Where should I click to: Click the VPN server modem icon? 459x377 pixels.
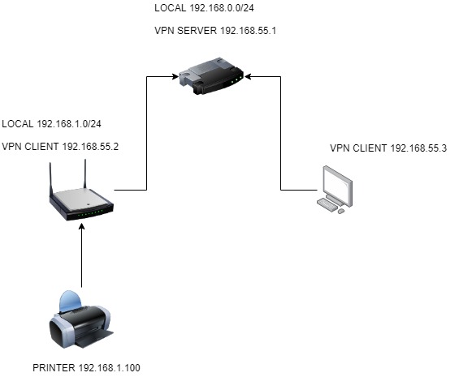pos(211,76)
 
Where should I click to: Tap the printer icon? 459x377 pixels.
pos(80,319)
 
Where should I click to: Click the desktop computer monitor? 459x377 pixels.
pos(337,186)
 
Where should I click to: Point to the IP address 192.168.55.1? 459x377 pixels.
pos(248,30)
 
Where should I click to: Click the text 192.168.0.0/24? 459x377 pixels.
pos(222,8)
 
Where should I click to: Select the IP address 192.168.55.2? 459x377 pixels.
pos(90,146)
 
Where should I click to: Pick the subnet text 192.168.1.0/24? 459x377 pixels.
pos(69,123)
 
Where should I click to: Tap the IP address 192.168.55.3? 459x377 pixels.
pos(418,148)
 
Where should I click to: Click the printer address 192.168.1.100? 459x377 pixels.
pos(109,367)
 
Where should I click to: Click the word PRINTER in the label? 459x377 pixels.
pos(54,367)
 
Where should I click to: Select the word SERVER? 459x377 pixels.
pos(197,30)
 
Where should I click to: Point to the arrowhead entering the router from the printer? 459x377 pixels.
pos(82,227)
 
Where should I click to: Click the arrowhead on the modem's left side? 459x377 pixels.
pos(175,76)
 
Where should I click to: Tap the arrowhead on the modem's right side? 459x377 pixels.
pos(249,76)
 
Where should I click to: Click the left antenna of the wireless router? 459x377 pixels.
pos(51,180)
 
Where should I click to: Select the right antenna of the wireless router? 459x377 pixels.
pos(85,174)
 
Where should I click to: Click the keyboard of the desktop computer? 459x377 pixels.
pos(327,204)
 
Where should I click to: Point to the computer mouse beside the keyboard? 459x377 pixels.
pos(341,211)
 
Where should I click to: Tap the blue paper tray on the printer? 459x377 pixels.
pos(70,301)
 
